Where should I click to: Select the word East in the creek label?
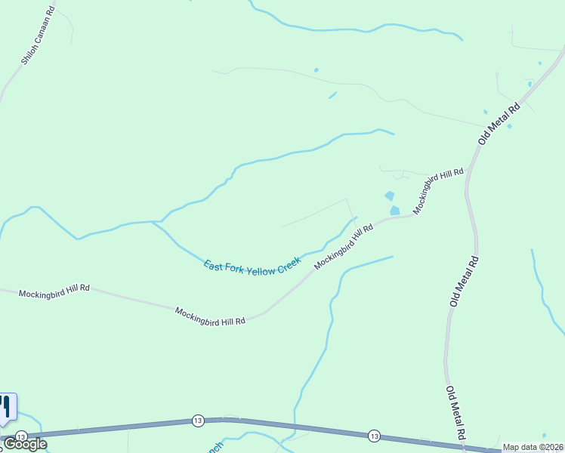[215, 266]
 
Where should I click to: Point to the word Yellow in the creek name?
[262, 269]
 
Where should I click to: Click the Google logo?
[25, 444]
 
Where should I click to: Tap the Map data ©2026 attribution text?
[533, 447]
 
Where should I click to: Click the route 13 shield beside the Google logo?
[21, 436]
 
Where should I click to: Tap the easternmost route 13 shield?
[374, 436]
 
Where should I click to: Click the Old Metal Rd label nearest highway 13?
[455, 413]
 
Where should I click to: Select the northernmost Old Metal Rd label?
[500, 124]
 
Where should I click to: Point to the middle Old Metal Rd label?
[464, 281]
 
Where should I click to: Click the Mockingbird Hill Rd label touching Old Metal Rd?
[438, 191]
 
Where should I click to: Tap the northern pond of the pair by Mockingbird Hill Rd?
[389, 196]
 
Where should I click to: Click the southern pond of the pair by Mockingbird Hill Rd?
[394, 210]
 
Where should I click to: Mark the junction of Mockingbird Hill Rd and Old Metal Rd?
[467, 173]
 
